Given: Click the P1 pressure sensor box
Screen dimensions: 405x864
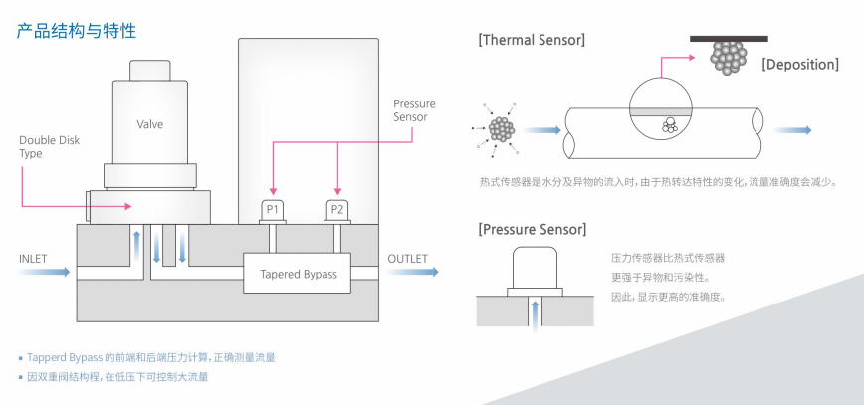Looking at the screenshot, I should [272, 209].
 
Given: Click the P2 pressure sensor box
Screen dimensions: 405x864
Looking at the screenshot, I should [338, 209].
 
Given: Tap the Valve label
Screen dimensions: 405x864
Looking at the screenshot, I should [150, 124].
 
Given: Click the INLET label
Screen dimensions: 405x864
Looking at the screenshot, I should [33, 259].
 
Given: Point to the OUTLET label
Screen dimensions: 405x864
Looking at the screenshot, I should [407, 259].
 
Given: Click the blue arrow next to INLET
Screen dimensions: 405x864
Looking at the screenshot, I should [55, 272].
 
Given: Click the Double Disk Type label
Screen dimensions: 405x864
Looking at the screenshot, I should [37, 147].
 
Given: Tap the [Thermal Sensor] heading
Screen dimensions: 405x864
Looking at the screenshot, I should [531, 40].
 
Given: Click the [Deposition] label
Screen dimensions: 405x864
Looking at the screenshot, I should [799, 65].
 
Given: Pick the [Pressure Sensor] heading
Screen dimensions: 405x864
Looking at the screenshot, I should [533, 230].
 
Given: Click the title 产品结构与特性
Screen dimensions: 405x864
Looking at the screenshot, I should [76, 31].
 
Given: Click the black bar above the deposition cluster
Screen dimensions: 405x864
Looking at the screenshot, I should [729, 38].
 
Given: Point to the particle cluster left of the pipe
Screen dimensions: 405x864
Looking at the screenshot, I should [501, 129].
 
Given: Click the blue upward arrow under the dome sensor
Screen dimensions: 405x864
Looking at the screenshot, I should [537, 317].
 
